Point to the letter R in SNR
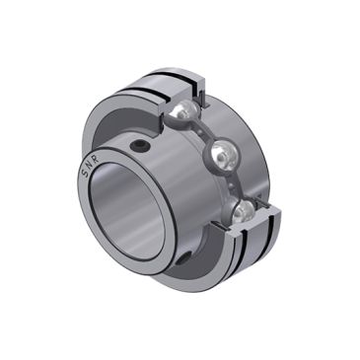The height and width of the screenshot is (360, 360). [92, 153]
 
